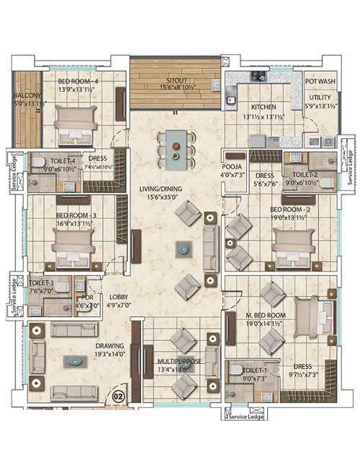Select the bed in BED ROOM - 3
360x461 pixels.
(72, 249)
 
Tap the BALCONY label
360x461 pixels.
(27, 95)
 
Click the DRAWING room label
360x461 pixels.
(110, 345)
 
